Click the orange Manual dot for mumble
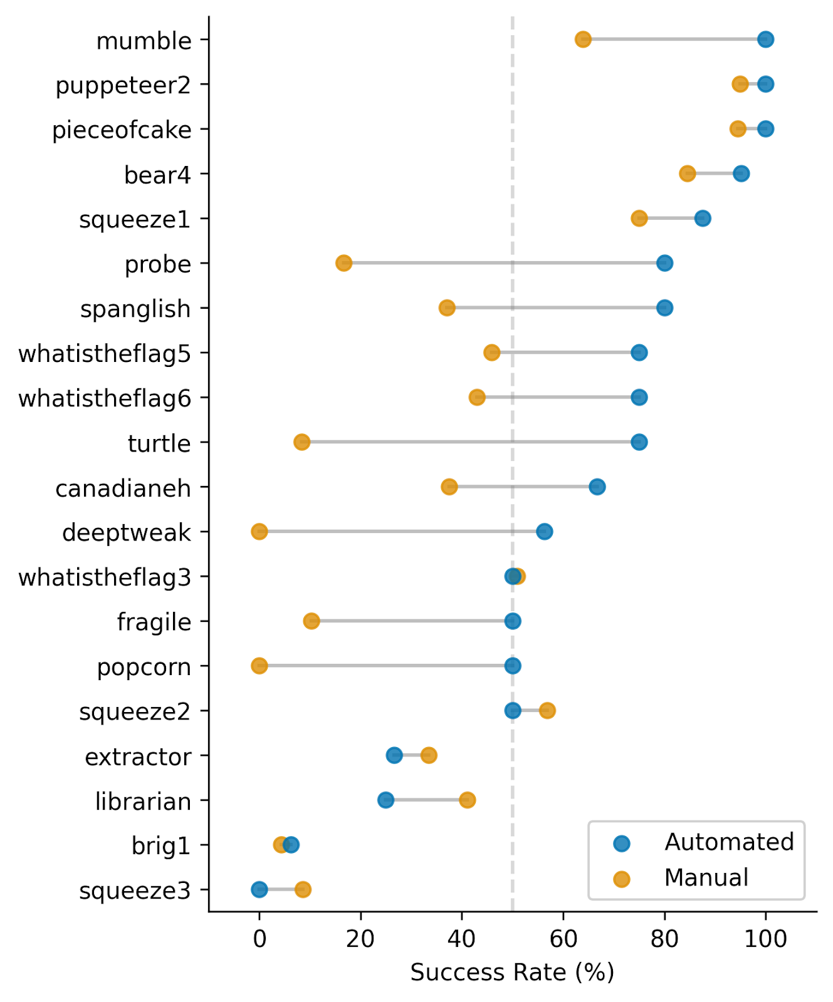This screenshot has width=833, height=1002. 583,39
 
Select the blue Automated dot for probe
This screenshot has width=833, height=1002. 664,263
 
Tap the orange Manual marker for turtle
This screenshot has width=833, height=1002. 301,442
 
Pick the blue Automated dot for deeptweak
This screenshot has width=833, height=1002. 544,532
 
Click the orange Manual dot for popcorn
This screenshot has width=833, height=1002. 259,666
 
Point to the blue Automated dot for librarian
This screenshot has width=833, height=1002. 385,800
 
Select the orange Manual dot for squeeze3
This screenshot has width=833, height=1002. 303,889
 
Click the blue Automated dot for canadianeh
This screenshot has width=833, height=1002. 597,487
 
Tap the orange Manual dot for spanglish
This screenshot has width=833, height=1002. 447,307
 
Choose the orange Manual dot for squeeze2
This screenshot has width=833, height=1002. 547,710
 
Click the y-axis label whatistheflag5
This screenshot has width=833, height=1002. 104,354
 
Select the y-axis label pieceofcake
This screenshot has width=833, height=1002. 122,130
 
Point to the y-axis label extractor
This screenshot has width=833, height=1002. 138,757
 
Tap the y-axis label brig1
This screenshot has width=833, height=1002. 160,846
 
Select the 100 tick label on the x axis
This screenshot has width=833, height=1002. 765,939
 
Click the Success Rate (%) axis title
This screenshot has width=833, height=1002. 512,973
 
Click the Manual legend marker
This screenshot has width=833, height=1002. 621,879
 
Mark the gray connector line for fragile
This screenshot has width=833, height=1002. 412,621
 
